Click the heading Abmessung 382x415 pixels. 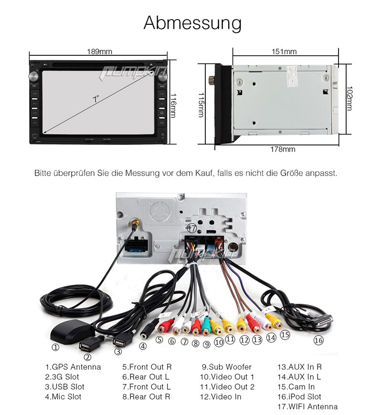[x=192, y=23]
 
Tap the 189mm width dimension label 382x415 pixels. [x=99, y=52]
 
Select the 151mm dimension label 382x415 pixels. [x=285, y=52]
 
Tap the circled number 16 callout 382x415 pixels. [x=318, y=341]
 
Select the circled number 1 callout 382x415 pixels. [x=55, y=348]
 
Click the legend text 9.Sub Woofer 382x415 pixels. [x=226, y=367]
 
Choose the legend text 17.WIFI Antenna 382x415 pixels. [x=308, y=407]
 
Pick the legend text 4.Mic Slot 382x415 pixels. [x=64, y=397]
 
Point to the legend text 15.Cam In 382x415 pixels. [x=296, y=387]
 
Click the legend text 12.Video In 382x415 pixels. [x=221, y=397]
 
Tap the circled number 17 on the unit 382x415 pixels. [x=191, y=228]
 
